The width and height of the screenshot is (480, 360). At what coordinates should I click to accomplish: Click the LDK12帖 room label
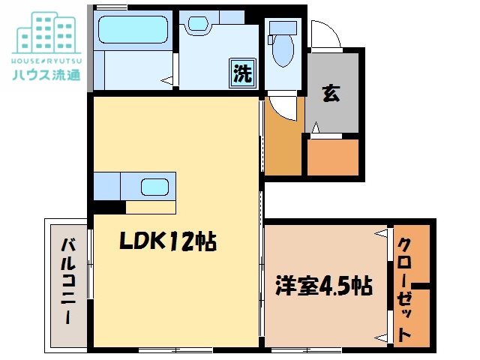(167, 241)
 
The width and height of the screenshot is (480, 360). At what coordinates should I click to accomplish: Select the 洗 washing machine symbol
(241, 74)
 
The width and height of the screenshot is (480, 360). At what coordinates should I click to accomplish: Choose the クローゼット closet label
(404, 289)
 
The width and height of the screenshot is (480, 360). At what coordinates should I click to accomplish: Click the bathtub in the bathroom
(133, 30)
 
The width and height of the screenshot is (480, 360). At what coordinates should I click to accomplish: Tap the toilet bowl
(283, 52)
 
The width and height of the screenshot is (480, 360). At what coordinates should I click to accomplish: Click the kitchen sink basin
(156, 187)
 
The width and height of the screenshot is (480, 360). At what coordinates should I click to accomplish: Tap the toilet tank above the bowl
(283, 25)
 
